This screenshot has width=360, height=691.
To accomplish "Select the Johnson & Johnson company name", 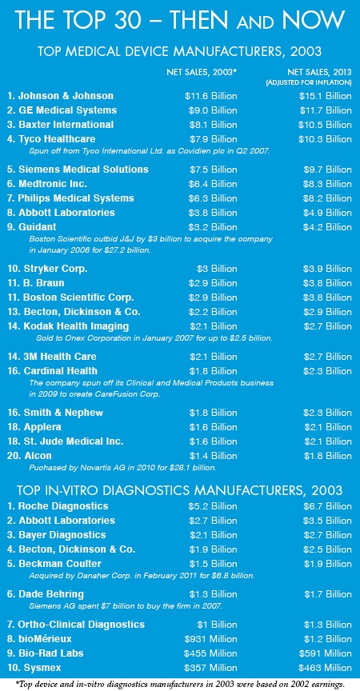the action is pyautogui.click(x=60, y=96).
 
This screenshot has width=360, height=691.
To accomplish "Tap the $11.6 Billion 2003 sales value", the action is pyautogui.click(x=211, y=96).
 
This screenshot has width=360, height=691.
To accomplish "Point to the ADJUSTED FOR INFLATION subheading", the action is pyautogui.click(x=309, y=82).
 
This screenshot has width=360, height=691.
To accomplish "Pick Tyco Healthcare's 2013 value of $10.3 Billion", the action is pyautogui.click(x=325, y=139).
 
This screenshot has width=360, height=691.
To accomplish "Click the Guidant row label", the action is pyautogui.click(x=38, y=227).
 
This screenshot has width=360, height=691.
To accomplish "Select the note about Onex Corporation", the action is pyautogui.click(x=154, y=339).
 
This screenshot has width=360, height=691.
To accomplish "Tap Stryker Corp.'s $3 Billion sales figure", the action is pyautogui.click(x=217, y=269).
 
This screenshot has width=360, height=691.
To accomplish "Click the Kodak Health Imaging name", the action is pyautogui.click(x=68, y=326).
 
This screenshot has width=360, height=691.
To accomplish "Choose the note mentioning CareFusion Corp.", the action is pyautogui.click(x=151, y=388).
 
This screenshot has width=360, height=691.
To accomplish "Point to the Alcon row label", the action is pyautogui.click(x=29, y=456).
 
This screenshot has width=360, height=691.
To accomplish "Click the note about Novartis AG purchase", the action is pyautogui.click(x=122, y=468).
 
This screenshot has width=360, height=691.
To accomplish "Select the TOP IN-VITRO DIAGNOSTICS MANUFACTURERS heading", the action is pyautogui.click(x=180, y=490).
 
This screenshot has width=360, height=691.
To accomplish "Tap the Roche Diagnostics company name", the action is pyautogui.click(x=58, y=506).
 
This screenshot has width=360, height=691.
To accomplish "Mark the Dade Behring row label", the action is pyautogui.click(x=46, y=594).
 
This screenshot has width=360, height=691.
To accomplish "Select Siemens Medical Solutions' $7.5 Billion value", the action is pyautogui.click(x=214, y=170).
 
